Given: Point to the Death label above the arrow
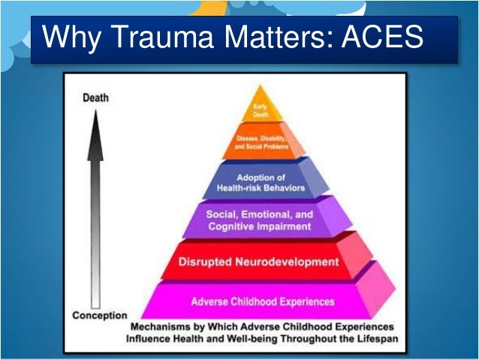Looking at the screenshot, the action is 94,98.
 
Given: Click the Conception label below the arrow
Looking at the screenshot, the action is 98,315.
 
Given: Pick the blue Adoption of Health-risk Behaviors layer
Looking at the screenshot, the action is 259,181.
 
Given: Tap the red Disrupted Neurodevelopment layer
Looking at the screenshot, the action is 259,262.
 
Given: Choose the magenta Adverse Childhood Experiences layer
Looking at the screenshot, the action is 263,301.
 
